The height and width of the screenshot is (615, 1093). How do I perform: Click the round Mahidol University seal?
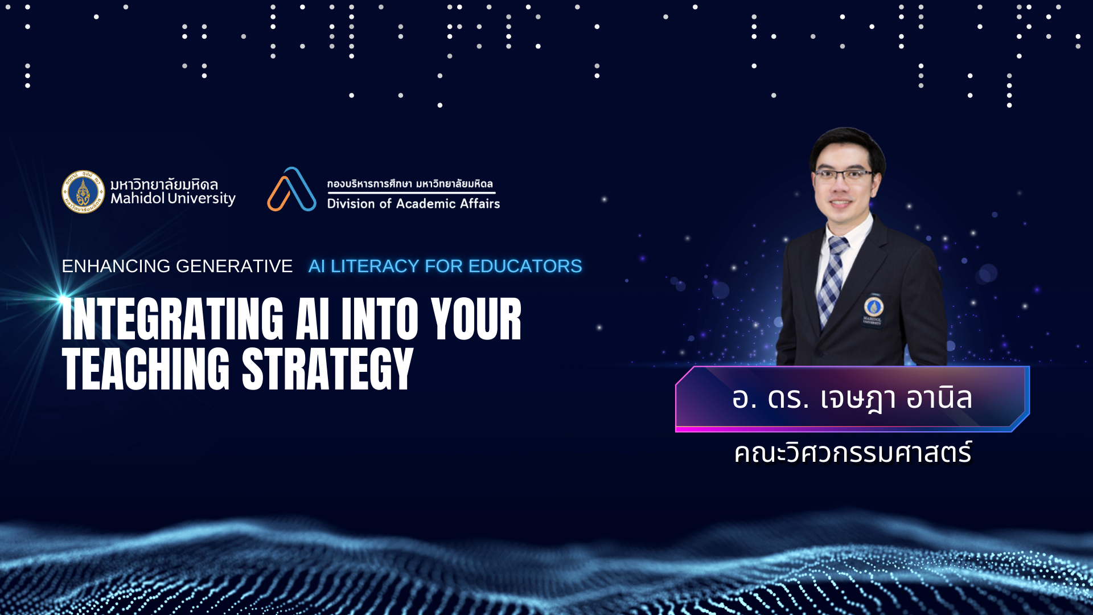coord(83,192)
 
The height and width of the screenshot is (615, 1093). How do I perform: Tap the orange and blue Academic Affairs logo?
coord(291,189)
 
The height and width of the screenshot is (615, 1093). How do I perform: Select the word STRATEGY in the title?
coord(328,369)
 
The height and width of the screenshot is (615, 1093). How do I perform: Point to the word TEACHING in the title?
coord(146,369)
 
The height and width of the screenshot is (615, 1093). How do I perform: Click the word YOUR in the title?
coord(476,319)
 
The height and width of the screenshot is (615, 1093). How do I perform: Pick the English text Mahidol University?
coord(173,199)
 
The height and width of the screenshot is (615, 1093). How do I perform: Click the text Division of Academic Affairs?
coord(413,203)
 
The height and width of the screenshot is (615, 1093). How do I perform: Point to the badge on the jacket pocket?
coord(874,309)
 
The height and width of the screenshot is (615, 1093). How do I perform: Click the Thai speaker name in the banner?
coord(852,399)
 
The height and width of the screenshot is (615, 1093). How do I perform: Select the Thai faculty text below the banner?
coord(853,453)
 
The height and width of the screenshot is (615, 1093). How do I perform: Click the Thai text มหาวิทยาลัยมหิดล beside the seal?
coord(165,183)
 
